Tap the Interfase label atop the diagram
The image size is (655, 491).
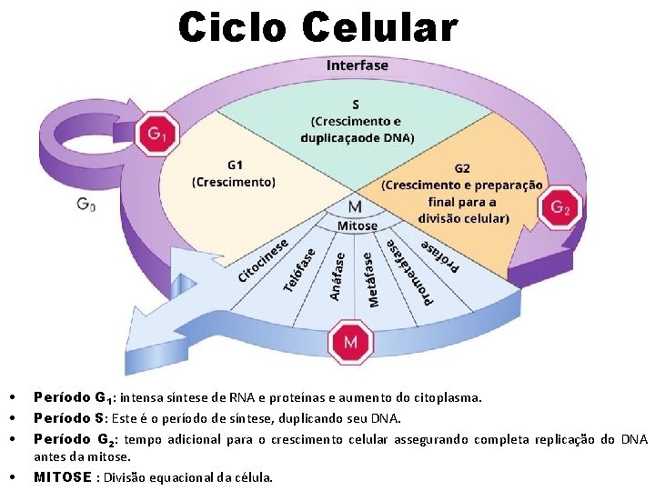click(x=357, y=65)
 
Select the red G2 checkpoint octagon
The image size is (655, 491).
click(x=560, y=208)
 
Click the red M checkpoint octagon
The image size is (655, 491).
click(x=350, y=343)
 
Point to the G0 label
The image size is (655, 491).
click(x=86, y=205)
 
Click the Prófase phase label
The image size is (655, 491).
click(x=441, y=256)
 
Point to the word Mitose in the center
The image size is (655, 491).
click(x=358, y=225)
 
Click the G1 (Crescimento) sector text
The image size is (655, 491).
click(x=233, y=174)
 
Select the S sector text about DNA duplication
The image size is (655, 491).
click(x=356, y=122)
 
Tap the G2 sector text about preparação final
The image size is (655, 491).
click(x=461, y=194)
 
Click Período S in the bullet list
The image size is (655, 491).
click(x=68, y=418)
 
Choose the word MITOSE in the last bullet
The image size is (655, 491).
click(x=63, y=476)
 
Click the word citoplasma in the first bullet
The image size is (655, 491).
click(x=448, y=397)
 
